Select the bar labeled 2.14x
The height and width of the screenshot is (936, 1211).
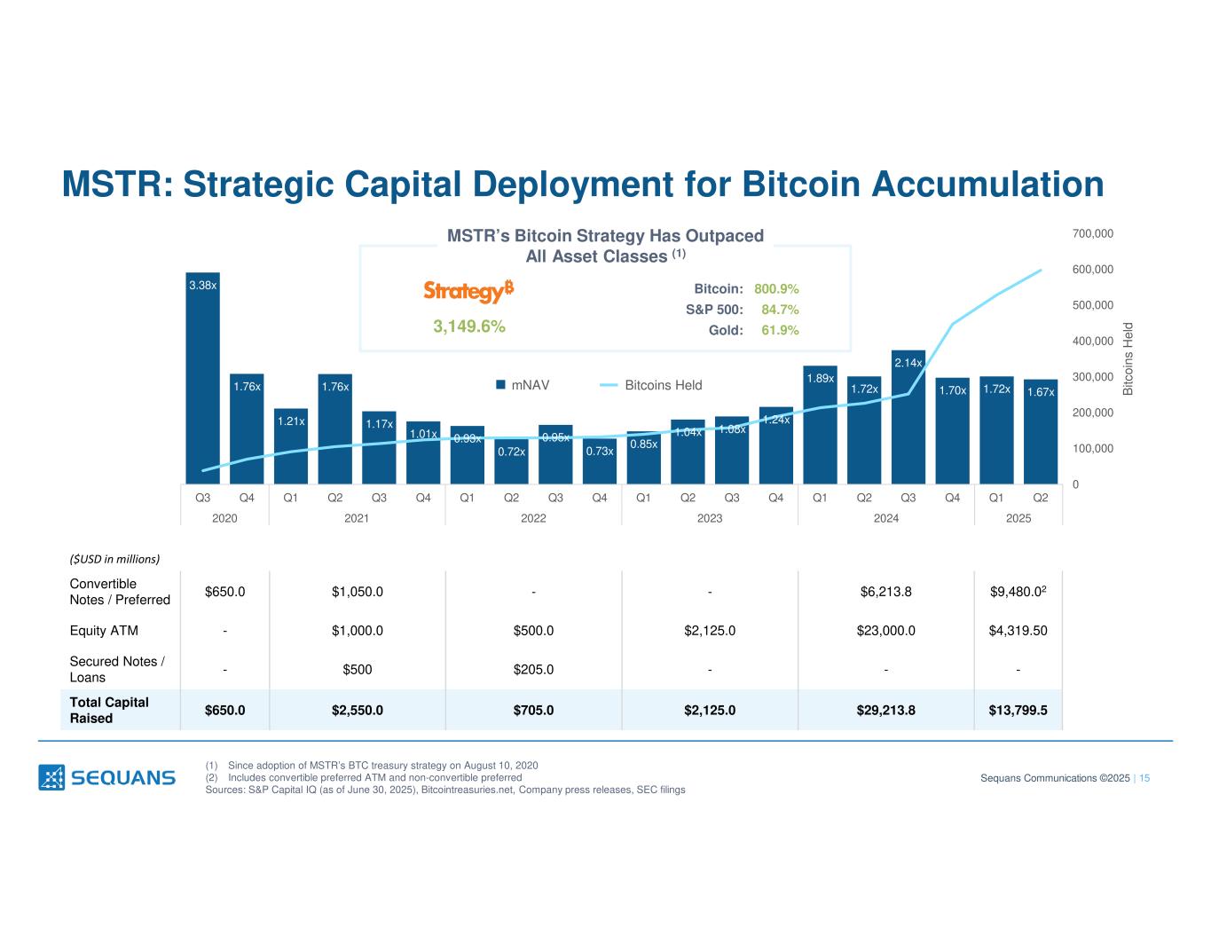click(x=908, y=417)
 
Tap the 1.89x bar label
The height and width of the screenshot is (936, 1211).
click(x=820, y=379)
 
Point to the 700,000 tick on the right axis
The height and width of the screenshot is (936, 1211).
click(x=1093, y=233)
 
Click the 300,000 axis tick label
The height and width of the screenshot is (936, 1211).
click(x=1093, y=377)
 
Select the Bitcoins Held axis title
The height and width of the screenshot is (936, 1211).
click(x=1128, y=358)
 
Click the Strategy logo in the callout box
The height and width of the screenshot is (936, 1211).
click(x=468, y=291)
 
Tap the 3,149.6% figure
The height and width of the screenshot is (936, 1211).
click(x=468, y=326)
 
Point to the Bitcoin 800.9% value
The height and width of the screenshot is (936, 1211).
click(x=776, y=289)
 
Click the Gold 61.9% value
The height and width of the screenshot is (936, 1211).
click(x=780, y=330)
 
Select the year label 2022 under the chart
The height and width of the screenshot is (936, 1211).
click(x=533, y=518)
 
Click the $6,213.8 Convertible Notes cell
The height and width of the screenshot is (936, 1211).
click(x=886, y=592)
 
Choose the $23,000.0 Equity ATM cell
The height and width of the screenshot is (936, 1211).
click(x=886, y=631)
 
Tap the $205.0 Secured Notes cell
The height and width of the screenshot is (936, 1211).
click(x=533, y=670)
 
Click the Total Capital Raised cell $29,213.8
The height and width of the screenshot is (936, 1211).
click(x=886, y=710)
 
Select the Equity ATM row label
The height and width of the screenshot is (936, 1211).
click(x=104, y=631)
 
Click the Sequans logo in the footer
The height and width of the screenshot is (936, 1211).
click(x=106, y=777)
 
